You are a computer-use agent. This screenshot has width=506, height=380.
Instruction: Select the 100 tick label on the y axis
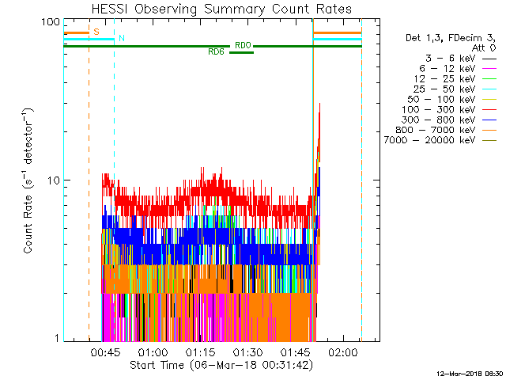point(51,21)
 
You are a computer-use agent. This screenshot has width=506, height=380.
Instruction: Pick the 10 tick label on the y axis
point(55,180)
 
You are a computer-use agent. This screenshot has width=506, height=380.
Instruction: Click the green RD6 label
point(216,51)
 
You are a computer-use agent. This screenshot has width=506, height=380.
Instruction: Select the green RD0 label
point(243,46)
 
